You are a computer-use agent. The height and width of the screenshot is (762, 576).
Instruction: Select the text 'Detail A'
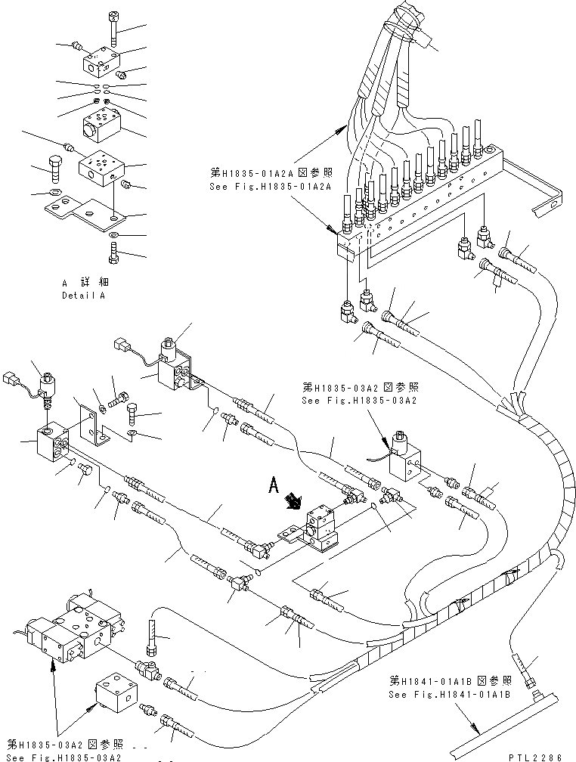tap(83, 296)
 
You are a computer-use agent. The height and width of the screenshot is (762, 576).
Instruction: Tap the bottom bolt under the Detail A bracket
tap(113, 256)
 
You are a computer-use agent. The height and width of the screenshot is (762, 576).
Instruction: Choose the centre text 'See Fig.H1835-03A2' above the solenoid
tap(360, 401)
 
